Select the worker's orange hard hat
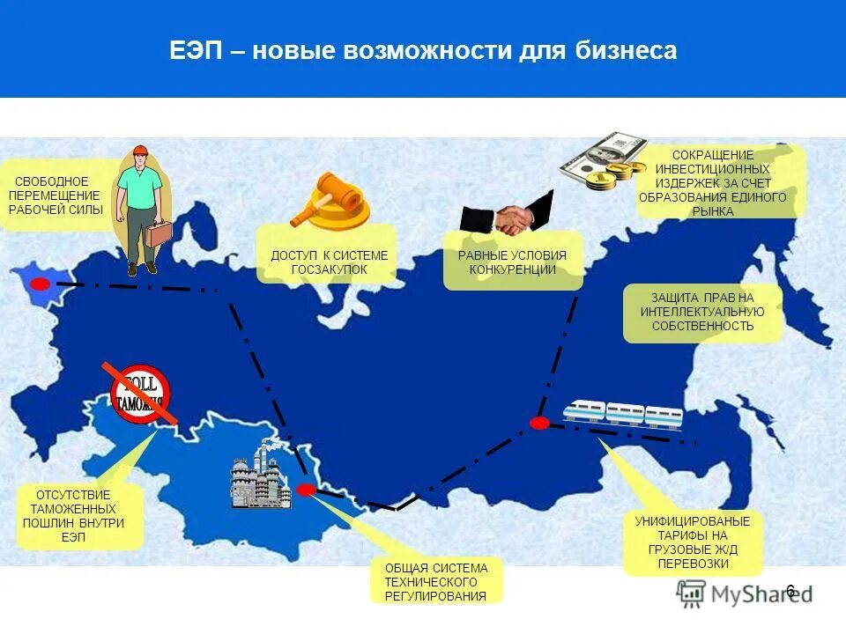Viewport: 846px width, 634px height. (138, 152)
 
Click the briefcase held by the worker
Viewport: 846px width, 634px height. (160, 234)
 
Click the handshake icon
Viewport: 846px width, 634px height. (507, 217)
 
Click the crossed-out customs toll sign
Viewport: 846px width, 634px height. (139, 392)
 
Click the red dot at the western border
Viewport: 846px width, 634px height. (41, 284)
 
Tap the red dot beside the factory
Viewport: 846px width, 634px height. (306, 490)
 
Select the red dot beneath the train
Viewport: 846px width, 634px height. (539, 423)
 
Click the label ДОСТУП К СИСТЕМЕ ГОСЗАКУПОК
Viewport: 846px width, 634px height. (329, 262)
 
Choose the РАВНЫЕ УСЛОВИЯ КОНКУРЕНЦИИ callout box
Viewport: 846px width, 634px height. (512, 262)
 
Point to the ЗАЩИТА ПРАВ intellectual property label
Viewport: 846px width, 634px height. (702, 313)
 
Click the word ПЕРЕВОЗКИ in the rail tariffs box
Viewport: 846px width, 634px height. (692, 564)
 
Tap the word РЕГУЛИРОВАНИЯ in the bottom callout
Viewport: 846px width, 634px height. (435, 596)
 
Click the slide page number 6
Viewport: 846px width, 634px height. (790, 591)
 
